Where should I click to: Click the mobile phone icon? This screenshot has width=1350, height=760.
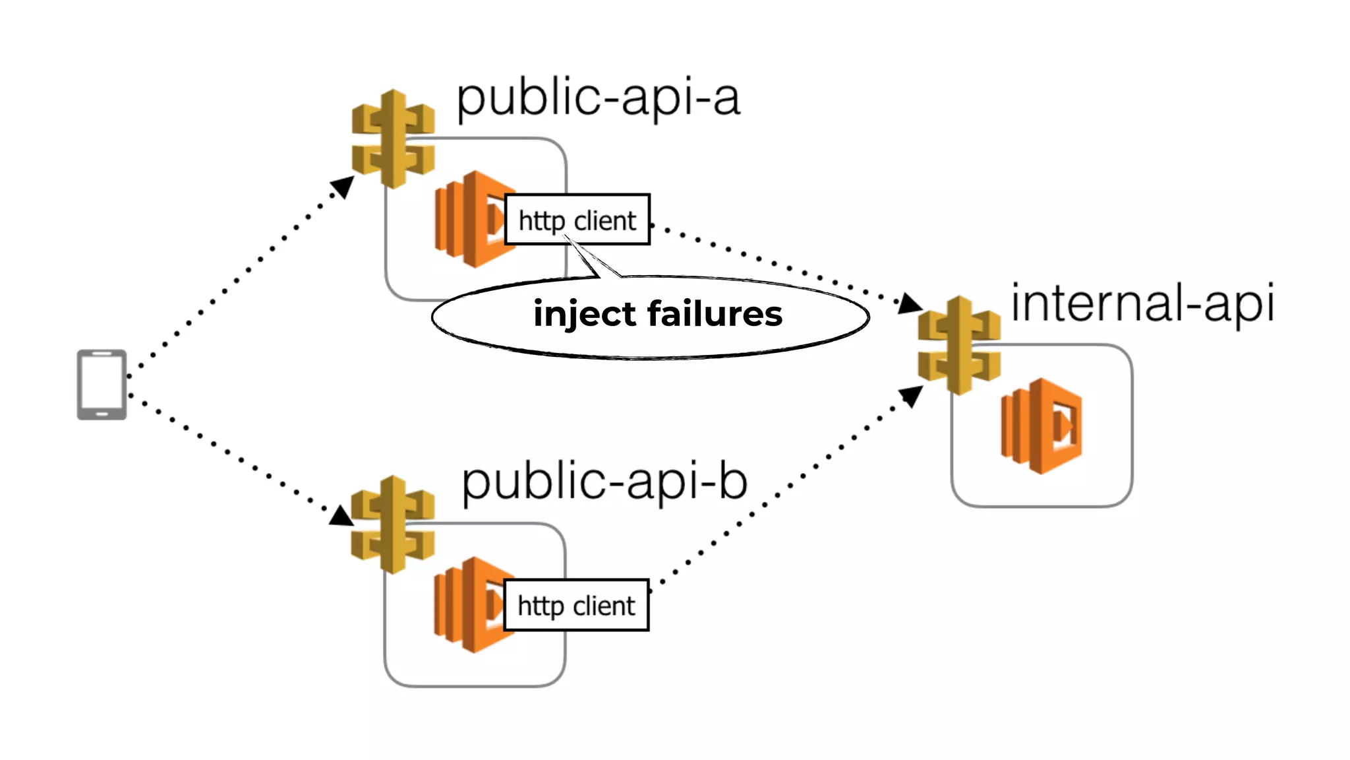click(x=102, y=385)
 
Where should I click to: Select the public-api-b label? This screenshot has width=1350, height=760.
click(x=604, y=482)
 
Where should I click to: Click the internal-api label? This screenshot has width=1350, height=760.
click(x=1142, y=303)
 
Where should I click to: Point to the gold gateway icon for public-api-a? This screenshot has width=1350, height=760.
click(x=393, y=139)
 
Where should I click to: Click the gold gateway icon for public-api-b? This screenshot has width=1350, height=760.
click(x=393, y=524)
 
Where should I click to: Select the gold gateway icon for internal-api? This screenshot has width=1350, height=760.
click(x=959, y=345)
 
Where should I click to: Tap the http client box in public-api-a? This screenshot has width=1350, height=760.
click(x=577, y=220)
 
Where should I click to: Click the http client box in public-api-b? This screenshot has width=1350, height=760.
click(x=576, y=605)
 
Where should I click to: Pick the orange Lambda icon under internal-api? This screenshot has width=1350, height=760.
click(x=1042, y=426)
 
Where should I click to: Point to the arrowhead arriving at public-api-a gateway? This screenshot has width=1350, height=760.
click(x=343, y=186)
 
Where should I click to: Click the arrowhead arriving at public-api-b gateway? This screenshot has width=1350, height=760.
click(x=340, y=516)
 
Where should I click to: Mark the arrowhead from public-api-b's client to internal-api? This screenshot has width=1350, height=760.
click(x=911, y=396)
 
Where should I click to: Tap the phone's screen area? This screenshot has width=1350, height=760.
click(x=102, y=384)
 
